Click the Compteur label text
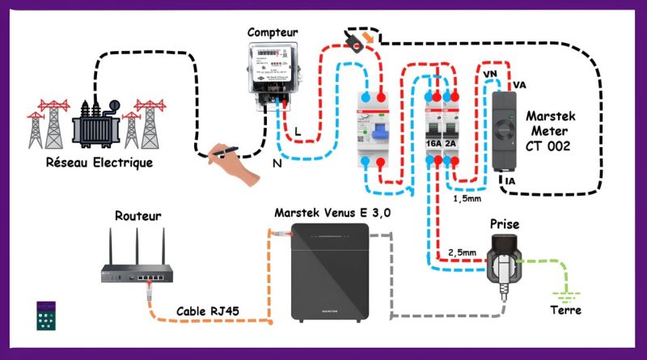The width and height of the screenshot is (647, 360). coord(273,32)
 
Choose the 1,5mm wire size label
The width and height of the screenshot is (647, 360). coord(467,197)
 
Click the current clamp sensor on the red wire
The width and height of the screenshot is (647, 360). coord(356,39)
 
